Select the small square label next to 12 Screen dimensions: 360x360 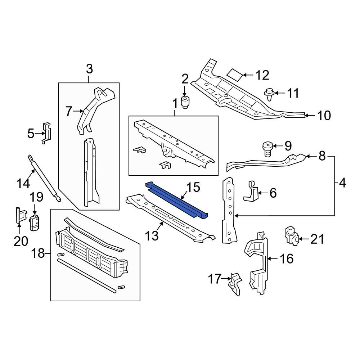[x=234, y=74]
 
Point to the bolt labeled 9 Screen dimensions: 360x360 [x=267, y=149]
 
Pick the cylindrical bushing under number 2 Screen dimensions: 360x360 [x=185, y=102]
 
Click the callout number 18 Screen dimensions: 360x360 [x=38, y=253]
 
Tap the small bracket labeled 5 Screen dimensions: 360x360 [x=47, y=133]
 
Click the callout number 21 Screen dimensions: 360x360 [x=317, y=239]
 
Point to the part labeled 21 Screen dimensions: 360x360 [x=291, y=236]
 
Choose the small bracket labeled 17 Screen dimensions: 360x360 [x=234, y=284]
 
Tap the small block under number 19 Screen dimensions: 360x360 [x=35, y=223]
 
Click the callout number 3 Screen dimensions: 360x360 [x=89, y=68]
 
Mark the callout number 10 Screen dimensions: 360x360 [x=324, y=115]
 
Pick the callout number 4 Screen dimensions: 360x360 [x=342, y=183]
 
